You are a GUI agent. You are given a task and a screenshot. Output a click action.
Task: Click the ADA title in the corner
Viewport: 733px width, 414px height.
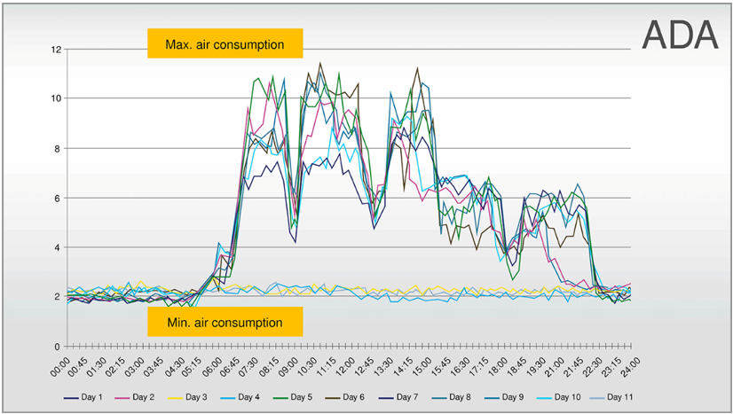[x=679, y=34]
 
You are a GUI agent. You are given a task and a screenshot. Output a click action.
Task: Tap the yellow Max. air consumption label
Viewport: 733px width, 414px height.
[x=225, y=43]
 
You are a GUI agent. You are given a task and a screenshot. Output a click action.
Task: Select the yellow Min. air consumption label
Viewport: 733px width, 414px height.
[x=225, y=323]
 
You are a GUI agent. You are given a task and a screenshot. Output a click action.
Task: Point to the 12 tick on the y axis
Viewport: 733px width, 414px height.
[x=56, y=50]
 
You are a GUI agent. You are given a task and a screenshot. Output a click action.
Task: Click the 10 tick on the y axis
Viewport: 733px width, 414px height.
[x=56, y=98]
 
